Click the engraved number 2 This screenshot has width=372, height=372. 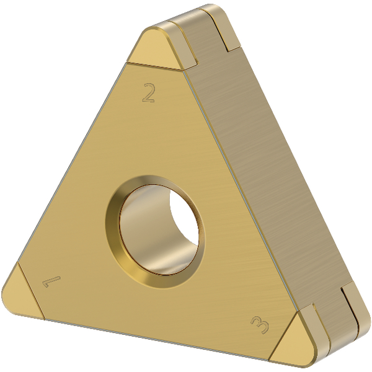click(x=148, y=93)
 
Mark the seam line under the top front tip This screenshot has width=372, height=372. click(x=155, y=64)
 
